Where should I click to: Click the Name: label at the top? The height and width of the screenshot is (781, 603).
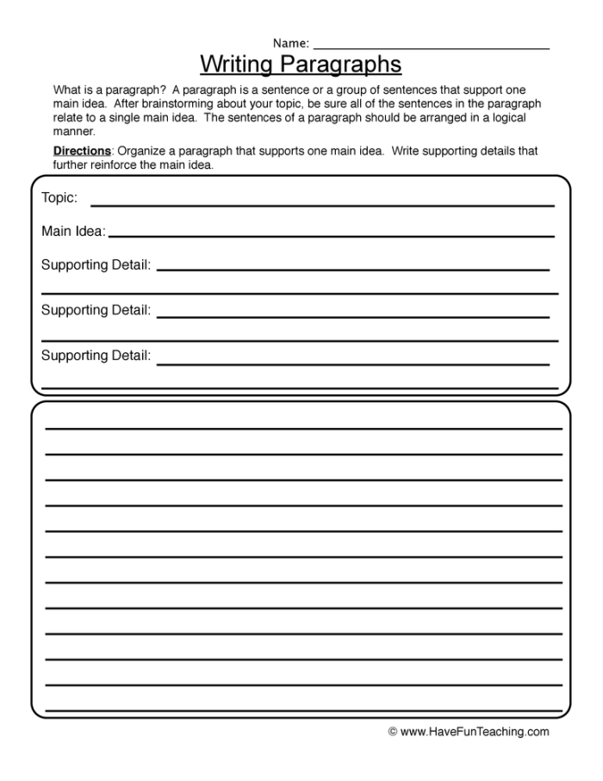pyautogui.click(x=291, y=43)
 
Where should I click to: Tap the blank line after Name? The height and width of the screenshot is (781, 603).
pyautogui.click(x=431, y=48)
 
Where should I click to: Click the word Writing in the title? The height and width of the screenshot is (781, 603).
pyautogui.click(x=237, y=65)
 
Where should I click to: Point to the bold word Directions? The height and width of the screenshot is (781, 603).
pyautogui.click(x=82, y=152)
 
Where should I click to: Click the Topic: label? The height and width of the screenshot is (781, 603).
pyautogui.click(x=59, y=198)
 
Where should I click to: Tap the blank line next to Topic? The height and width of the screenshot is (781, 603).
pyautogui.click(x=322, y=205)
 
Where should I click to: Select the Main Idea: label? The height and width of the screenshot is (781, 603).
pyautogui.click(x=73, y=232)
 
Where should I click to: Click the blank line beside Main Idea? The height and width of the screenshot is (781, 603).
pyautogui.click(x=332, y=235)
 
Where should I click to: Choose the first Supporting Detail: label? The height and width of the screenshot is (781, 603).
pyautogui.click(x=96, y=265)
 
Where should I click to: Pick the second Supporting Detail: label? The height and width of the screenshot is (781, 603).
pyautogui.click(x=96, y=310)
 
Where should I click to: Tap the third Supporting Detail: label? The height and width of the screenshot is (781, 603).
pyautogui.click(x=96, y=356)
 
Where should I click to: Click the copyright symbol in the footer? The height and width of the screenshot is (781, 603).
pyautogui.click(x=393, y=732)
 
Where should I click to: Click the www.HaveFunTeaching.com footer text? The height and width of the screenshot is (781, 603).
pyautogui.click(x=475, y=732)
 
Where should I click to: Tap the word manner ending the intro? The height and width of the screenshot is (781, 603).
pyautogui.click(x=73, y=132)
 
